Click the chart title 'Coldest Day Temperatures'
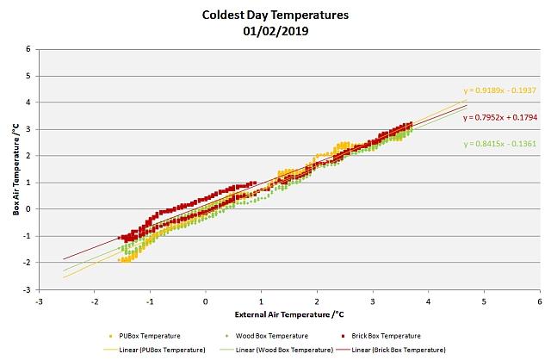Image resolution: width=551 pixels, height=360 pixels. pyautogui.click(x=275, y=16)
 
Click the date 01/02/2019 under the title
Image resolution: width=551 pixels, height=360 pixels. pyautogui.click(x=275, y=31)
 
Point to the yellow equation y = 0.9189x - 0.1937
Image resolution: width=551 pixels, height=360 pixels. pyautogui.click(x=499, y=90)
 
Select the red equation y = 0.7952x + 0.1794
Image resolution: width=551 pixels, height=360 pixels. pyautogui.click(x=500, y=117)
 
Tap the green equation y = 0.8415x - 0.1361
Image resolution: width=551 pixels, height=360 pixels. pyautogui.click(x=499, y=144)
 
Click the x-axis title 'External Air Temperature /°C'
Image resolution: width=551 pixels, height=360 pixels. pyautogui.click(x=289, y=314)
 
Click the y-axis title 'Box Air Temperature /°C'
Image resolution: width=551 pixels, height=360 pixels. pyautogui.click(x=15, y=170)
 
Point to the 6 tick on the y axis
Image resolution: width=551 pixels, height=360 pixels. pyautogui.click(x=28, y=49)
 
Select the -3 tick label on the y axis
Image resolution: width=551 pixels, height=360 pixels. pyautogui.click(x=27, y=290)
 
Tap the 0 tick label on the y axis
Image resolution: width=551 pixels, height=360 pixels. pyautogui.click(x=28, y=209)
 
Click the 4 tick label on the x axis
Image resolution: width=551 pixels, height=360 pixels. pyautogui.click(x=429, y=301)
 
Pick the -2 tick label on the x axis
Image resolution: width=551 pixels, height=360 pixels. pyautogui.click(x=94, y=301)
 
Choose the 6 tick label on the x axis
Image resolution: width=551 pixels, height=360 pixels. pyautogui.click(x=540, y=301)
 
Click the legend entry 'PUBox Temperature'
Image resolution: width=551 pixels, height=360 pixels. pyautogui.click(x=145, y=336)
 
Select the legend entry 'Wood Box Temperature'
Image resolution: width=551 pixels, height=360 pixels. pyautogui.click(x=267, y=336)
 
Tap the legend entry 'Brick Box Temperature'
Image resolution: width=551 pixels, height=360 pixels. pyautogui.click(x=381, y=336)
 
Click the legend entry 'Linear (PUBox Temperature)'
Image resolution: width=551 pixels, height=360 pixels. pyautogui.click(x=155, y=351)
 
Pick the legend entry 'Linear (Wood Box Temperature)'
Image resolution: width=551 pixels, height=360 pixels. pyautogui.click(x=276, y=351)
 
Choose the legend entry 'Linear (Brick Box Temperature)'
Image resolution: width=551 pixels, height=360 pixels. pyautogui.click(x=391, y=351)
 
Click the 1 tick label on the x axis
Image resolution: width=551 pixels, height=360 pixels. pyautogui.click(x=261, y=301)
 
